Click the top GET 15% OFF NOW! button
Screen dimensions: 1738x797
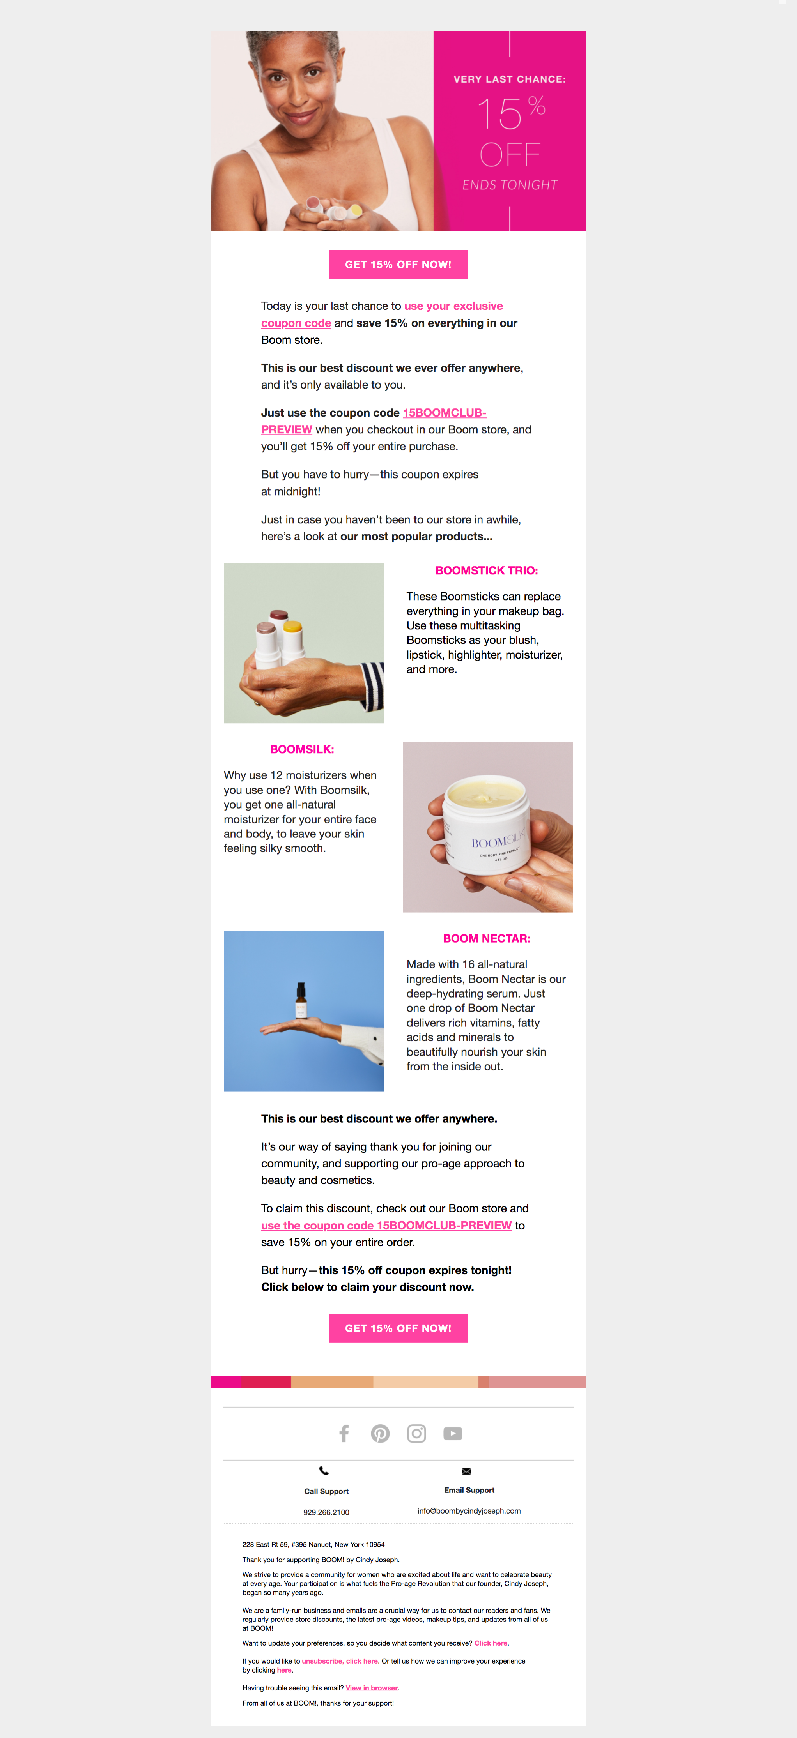(x=398, y=265)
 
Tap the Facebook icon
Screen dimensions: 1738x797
(x=344, y=1433)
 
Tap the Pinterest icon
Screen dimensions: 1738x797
(x=380, y=1433)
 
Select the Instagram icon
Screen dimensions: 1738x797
(x=416, y=1433)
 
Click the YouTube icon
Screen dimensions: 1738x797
(x=453, y=1433)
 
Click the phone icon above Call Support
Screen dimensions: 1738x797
(x=324, y=1471)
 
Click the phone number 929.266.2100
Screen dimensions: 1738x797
(x=326, y=1512)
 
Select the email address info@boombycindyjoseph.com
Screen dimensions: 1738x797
(x=469, y=1511)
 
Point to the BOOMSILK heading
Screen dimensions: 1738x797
(x=302, y=750)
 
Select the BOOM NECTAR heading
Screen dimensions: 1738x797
(x=487, y=938)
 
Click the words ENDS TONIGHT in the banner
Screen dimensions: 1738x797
(x=510, y=185)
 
